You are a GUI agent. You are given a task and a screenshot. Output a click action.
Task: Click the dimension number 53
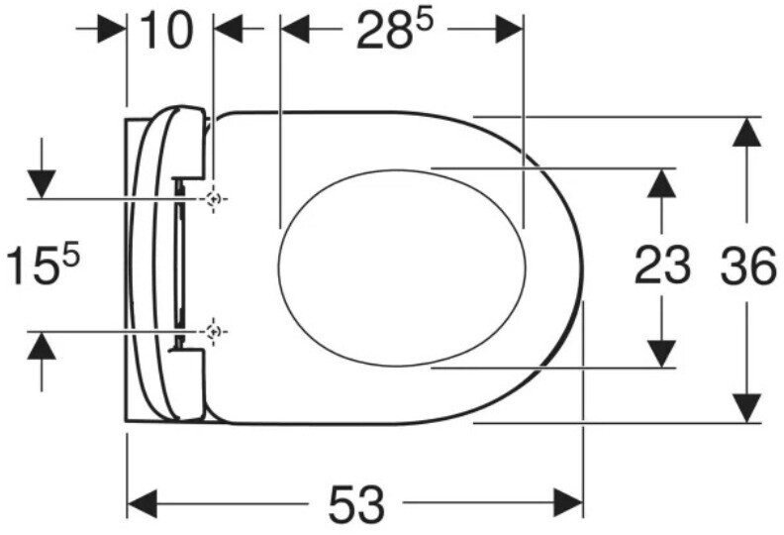coord(356,504)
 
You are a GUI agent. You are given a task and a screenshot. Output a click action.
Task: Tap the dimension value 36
coord(748,267)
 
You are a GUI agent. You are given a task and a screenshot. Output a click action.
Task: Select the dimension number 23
coord(662,266)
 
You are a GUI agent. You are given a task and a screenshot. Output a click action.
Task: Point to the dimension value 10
coord(165,31)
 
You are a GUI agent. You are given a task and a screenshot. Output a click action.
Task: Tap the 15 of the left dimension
coord(33,267)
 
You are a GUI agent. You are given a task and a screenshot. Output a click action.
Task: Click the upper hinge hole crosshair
coord(214,199)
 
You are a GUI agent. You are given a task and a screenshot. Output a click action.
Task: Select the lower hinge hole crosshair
coord(214,331)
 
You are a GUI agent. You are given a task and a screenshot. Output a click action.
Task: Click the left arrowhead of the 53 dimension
coord(142,504)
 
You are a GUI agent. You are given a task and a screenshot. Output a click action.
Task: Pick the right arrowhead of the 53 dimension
coord(568,503)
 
